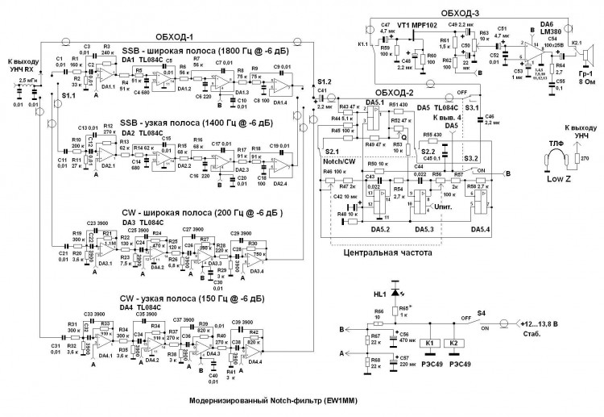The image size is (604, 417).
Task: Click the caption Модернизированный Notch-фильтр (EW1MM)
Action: pyautogui.click(x=274, y=401)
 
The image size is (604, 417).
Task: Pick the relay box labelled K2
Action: pyautogui.click(x=458, y=342)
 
